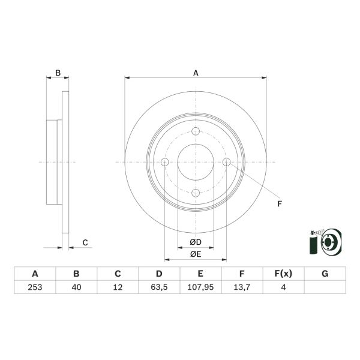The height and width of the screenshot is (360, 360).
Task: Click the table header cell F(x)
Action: [x=283, y=274]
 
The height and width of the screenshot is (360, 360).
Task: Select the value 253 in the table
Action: [x=35, y=287]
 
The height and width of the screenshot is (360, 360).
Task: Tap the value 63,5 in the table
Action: [x=159, y=287]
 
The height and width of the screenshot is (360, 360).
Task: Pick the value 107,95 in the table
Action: [x=200, y=287]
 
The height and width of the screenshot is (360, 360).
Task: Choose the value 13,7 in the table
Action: [x=242, y=287]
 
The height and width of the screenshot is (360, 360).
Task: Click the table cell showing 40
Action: [x=76, y=287]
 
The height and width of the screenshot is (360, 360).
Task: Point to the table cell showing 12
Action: [x=118, y=287]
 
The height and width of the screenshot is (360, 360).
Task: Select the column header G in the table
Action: [x=325, y=274]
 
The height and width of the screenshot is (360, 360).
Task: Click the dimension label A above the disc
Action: [x=196, y=73]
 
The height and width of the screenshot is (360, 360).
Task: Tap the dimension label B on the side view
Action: [x=58, y=73]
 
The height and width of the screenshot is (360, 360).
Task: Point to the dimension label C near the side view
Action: [x=85, y=243]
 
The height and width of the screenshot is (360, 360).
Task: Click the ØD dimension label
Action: [x=195, y=242]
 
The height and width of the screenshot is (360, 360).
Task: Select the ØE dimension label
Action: [x=195, y=254]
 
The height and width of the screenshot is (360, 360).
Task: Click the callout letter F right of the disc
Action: [x=279, y=204]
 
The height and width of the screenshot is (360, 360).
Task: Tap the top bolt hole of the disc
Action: [x=196, y=132]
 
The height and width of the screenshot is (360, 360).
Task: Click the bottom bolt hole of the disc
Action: [x=196, y=193]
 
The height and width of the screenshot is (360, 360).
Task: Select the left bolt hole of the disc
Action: [x=165, y=162]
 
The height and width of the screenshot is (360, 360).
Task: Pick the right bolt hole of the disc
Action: [x=226, y=162]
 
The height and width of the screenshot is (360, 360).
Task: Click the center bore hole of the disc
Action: [x=196, y=162]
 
